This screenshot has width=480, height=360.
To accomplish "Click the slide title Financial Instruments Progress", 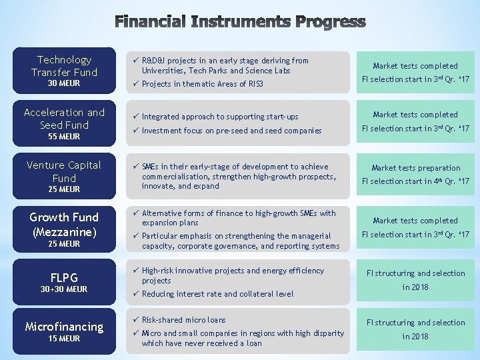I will point(240,22).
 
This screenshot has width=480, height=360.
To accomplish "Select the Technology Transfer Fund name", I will point(64,66).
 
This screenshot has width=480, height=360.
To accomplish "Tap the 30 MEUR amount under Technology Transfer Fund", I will point(64,83).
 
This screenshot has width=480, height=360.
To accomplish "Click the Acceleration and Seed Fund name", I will point(64,119).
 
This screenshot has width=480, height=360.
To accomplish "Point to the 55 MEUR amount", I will point(64,136).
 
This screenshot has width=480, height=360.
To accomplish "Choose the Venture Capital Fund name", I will point(64,171).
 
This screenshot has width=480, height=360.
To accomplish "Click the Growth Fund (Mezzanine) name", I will point(64,225).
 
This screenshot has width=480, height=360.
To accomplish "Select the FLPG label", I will point(64,277).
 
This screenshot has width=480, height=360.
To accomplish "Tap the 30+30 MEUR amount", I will point(64,289).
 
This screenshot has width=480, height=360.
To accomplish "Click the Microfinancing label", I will point(64,327).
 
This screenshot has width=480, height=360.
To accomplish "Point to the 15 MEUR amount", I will point(64,339).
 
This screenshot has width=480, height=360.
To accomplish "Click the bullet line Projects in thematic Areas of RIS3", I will point(202,84).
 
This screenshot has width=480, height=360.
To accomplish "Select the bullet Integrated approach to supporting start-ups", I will point(220,117).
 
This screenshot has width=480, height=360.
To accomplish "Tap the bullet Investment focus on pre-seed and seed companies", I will point(231,131).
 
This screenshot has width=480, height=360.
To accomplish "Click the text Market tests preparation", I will point(415,168).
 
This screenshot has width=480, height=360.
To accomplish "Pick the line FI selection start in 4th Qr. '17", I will point(415,181).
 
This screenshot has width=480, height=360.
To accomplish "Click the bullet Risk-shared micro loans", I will point(183,320).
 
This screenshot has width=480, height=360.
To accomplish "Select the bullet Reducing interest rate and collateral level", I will point(217,294).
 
